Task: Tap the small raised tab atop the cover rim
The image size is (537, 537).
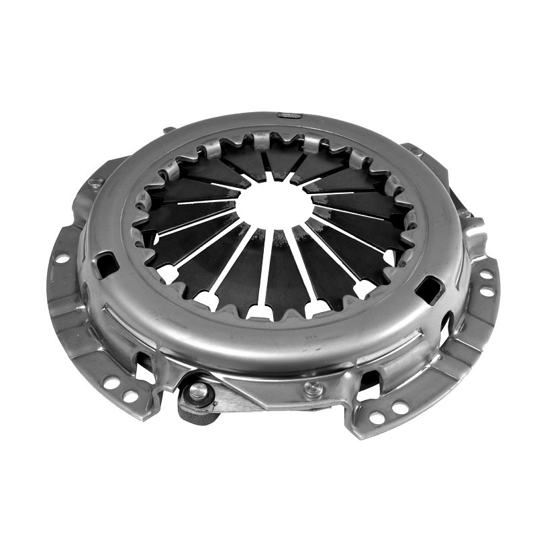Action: [290, 116]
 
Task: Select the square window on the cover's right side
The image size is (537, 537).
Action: [428, 289]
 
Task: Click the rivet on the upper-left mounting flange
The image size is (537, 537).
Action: [96, 181]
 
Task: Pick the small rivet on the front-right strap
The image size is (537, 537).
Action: [312, 387]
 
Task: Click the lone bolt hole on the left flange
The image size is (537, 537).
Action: [61, 258]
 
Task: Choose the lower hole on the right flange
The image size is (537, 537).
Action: [487, 291]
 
